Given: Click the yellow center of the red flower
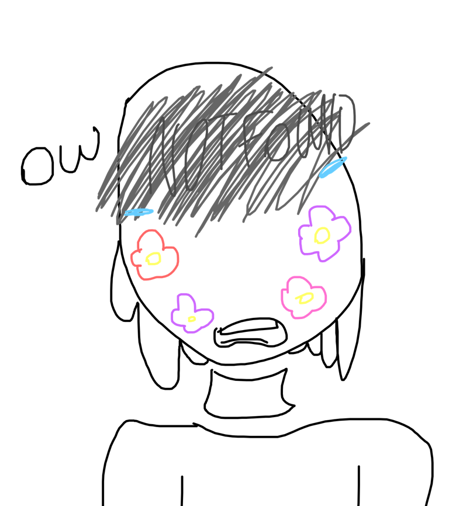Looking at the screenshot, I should pos(153,258).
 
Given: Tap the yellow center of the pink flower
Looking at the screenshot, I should pos(305,299).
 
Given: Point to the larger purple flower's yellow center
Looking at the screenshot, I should pos(322,235).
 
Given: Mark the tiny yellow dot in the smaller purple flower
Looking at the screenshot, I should pos(192,319).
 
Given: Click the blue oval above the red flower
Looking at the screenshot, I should pos(139,212).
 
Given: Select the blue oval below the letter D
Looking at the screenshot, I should pos(333,167).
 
